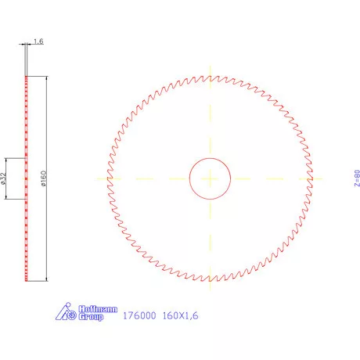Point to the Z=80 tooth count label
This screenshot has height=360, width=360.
356,178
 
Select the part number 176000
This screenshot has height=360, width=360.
139,315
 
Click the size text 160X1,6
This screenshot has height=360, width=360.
182,315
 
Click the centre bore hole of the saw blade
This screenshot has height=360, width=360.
210,178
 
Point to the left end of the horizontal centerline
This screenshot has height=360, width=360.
95,178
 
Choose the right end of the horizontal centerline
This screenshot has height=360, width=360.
324,178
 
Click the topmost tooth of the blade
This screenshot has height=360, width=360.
210,75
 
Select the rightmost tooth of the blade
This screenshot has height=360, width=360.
313,178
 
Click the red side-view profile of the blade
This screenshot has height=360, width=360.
27,178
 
